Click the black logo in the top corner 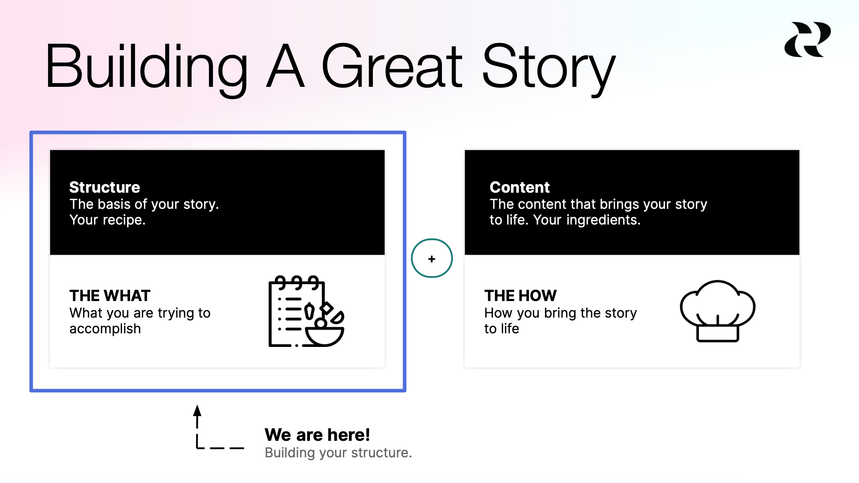pos(807,40)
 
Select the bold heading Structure pos(105,187)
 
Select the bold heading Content pos(520,187)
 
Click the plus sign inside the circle pos(432,259)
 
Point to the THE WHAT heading pos(110,296)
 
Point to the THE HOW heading pos(521,296)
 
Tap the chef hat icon pos(717,310)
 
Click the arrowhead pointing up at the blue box pos(197,411)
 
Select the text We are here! pos(317,435)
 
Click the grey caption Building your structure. pos(338,453)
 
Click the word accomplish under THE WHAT pos(105,329)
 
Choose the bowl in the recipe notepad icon pos(325,336)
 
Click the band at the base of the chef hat pos(717,333)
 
